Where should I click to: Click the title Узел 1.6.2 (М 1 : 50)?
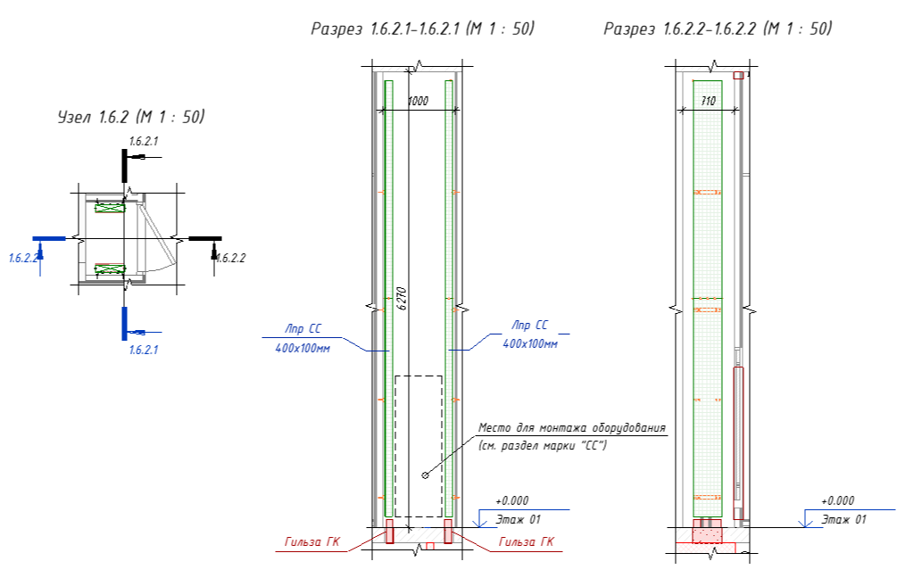(x=131, y=117)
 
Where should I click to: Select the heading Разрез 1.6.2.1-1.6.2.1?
(x=422, y=29)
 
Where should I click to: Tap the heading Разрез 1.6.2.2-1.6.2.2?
(x=718, y=29)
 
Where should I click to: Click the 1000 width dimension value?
(x=418, y=102)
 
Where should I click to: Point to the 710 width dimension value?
(x=709, y=102)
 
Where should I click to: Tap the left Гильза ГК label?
(x=311, y=541)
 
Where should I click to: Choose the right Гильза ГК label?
(x=526, y=541)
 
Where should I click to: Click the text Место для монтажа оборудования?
(x=571, y=427)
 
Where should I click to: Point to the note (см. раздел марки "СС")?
(x=542, y=444)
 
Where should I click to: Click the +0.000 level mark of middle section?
(x=511, y=501)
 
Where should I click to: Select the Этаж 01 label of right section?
(x=844, y=518)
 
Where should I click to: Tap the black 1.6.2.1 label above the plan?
(x=144, y=142)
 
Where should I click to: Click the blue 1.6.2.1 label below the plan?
(x=143, y=350)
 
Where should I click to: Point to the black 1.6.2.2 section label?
(x=230, y=258)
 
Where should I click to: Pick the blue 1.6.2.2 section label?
(x=23, y=258)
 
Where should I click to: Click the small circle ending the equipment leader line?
(x=425, y=475)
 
